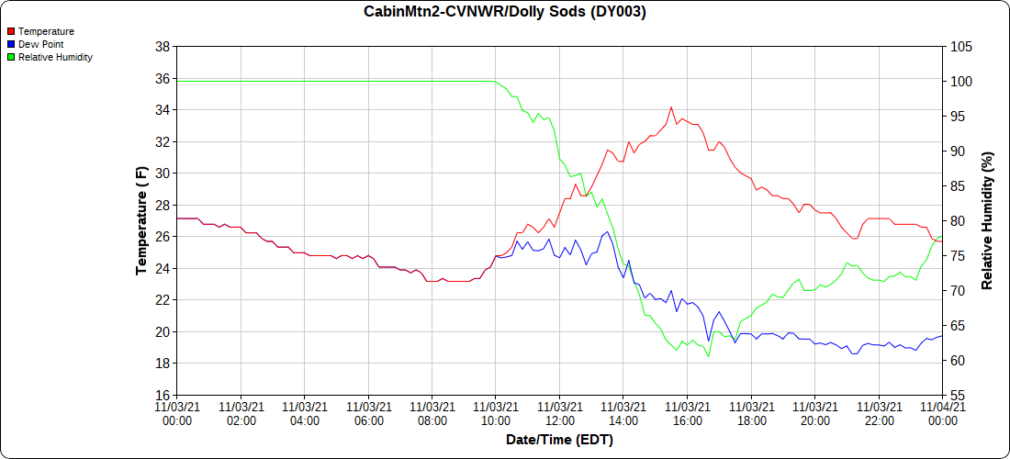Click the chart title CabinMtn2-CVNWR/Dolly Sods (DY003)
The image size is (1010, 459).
[x=505, y=12]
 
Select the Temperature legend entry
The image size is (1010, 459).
[x=46, y=31]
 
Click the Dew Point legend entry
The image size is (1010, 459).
[x=40, y=44]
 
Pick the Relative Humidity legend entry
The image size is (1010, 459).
[x=55, y=57]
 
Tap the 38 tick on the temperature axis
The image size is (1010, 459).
[x=162, y=47]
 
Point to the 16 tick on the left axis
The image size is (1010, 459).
[x=162, y=396]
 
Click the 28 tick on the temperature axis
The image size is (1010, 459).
[x=162, y=206]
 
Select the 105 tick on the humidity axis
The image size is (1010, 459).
[x=960, y=47]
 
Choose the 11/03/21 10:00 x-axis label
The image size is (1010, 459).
[x=496, y=413]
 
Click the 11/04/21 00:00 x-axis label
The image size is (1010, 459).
[x=943, y=413]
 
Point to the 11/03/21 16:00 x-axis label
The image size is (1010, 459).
[x=688, y=413]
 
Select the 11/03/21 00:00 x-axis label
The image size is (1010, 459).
[x=176, y=413]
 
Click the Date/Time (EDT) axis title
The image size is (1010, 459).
[x=559, y=440]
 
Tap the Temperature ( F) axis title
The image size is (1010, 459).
[x=141, y=221]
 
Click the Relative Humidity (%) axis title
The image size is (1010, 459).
[x=988, y=221]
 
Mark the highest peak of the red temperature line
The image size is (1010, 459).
[x=671, y=107]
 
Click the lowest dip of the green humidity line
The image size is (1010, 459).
[x=709, y=356]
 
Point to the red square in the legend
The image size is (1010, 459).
[x=11, y=31]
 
